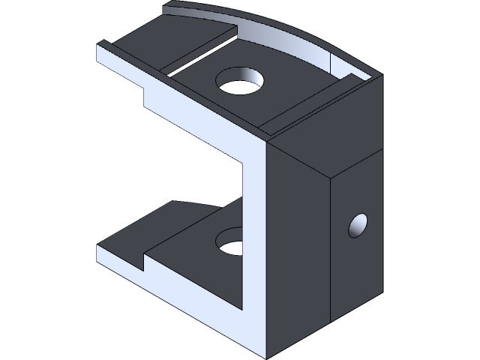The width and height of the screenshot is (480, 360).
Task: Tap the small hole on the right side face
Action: [x=358, y=225]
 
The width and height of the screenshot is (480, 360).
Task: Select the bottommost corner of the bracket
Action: [x=268, y=355]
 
